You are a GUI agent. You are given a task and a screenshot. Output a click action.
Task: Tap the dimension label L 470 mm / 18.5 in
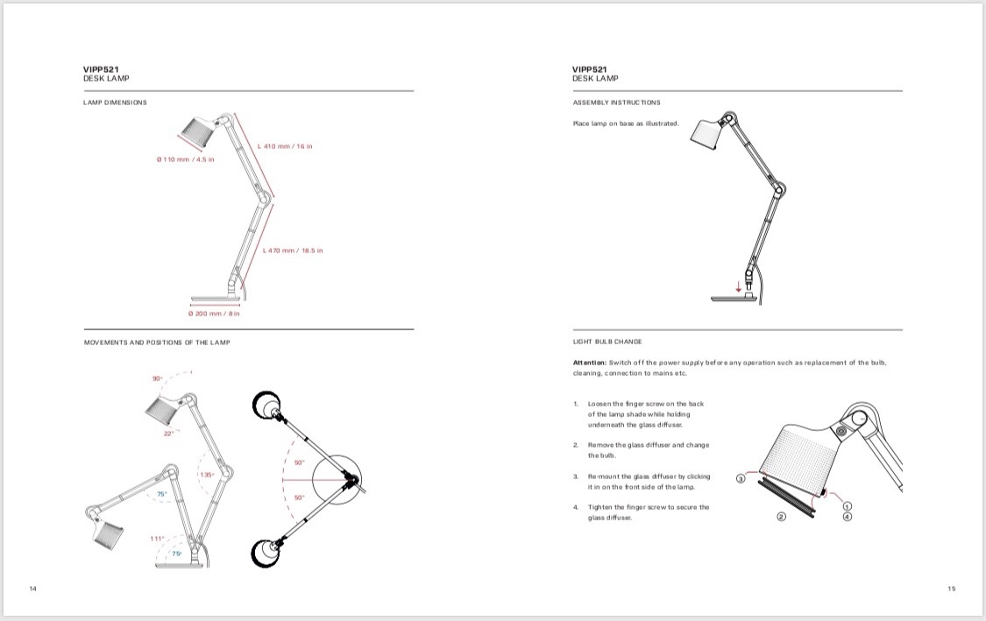point(293,251)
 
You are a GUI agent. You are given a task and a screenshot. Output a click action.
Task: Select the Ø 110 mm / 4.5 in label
point(185,160)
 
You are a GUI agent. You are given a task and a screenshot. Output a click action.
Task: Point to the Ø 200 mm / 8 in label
point(214,313)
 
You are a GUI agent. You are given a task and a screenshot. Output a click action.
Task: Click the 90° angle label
point(158,378)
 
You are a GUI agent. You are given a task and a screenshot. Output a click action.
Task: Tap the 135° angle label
point(208,475)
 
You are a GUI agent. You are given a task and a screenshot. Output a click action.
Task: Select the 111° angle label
point(158,539)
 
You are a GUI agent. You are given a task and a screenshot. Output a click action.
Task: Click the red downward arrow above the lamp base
point(738,284)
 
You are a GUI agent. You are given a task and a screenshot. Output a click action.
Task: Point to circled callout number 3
point(741,479)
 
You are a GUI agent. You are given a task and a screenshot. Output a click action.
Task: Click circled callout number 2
point(781,517)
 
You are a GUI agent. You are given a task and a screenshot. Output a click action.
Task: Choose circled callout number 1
point(848,506)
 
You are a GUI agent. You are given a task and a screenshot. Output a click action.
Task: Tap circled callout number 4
point(848,517)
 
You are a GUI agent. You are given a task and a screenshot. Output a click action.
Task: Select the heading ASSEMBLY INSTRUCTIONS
point(616,102)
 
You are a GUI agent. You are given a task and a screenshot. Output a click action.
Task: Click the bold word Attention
point(589,363)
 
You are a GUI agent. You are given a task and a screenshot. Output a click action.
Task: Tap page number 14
point(33,588)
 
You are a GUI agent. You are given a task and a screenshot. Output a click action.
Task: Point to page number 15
point(952,588)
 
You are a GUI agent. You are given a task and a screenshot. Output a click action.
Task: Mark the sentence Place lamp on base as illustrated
point(625,123)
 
